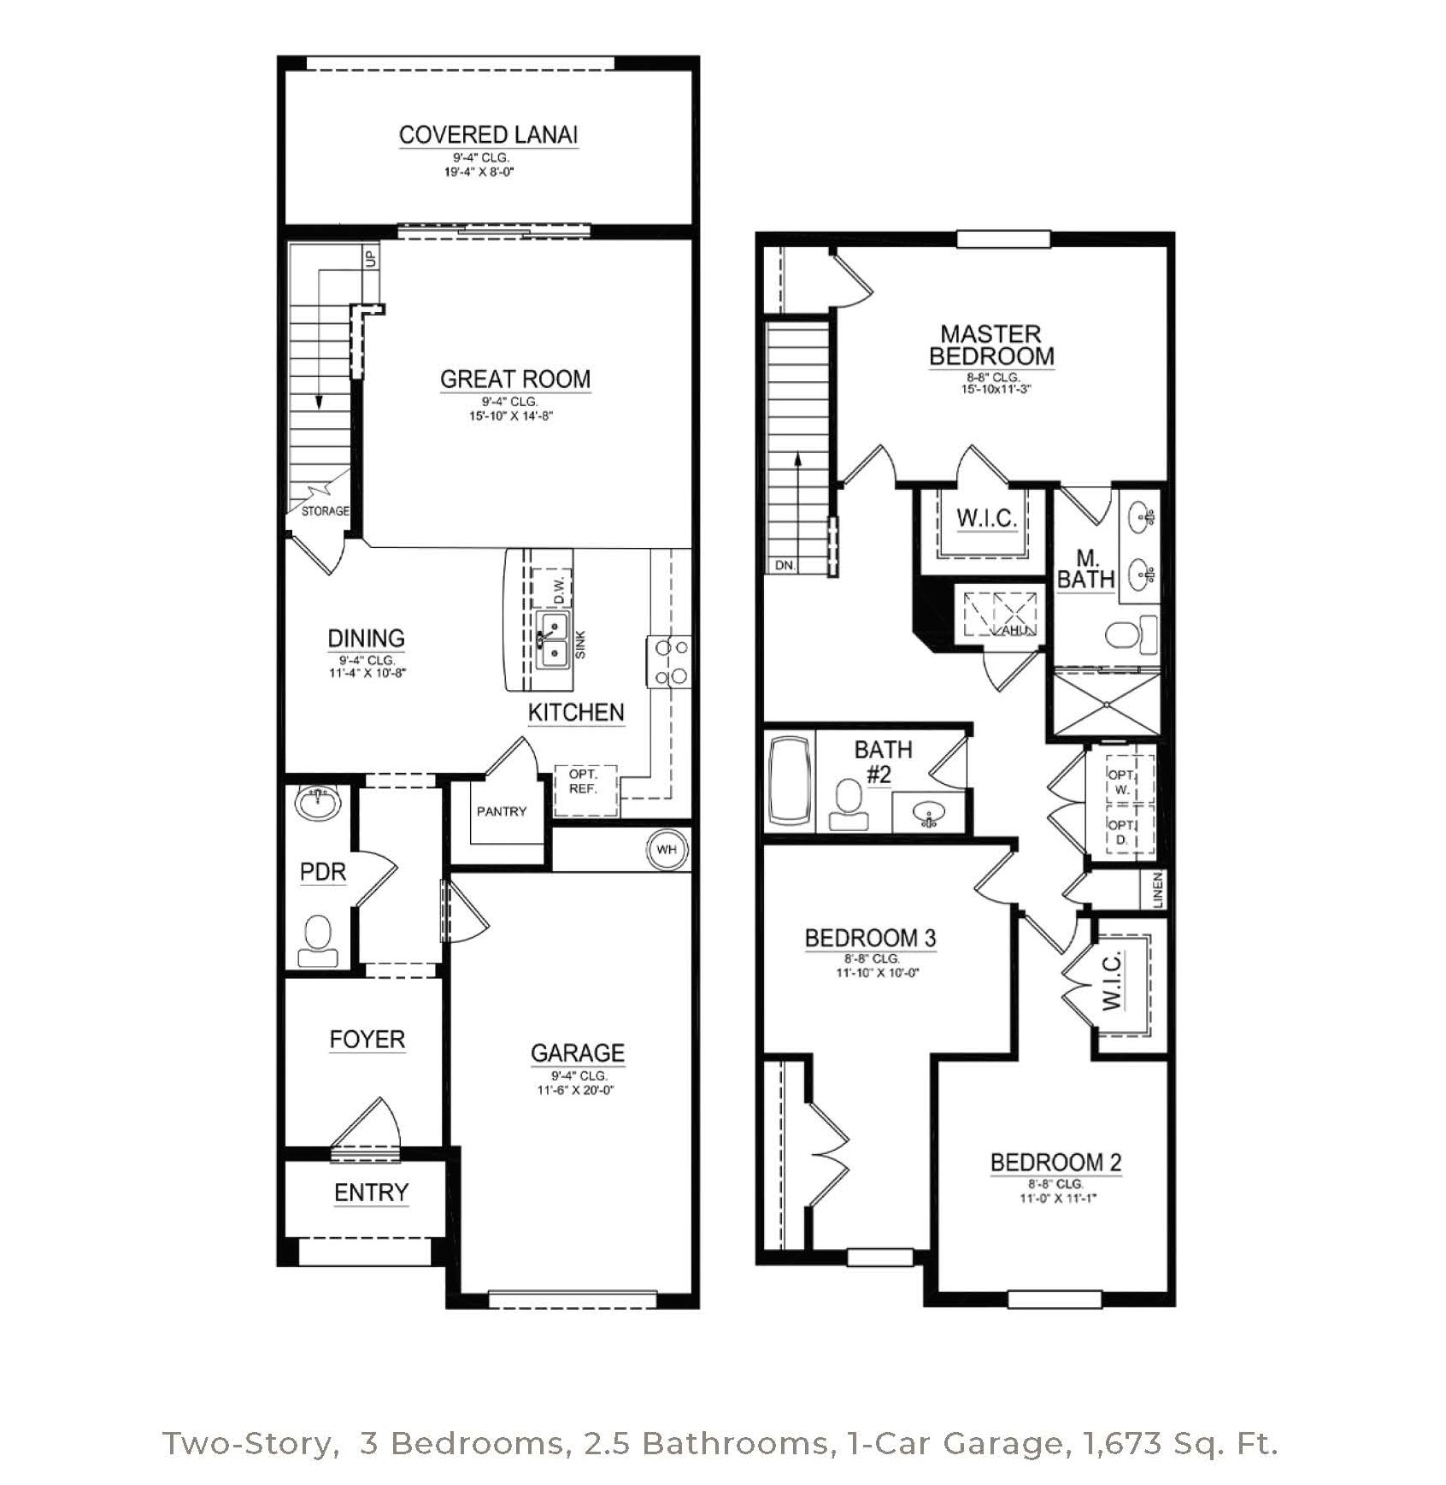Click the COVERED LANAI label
(x=488, y=135)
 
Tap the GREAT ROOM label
(x=515, y=379)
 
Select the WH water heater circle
(x=667, y=849)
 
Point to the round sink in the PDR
(x=318, y=803)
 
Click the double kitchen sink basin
(x=553, y=640)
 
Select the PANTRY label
(x=502, y=811)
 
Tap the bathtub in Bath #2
(x=791, y=781)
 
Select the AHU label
(x=1014, y=630)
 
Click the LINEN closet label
(x=1158, y=890)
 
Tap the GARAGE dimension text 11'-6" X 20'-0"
(x=576, y=1090)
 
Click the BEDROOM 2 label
(x=1055, y=1163)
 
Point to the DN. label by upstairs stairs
(x=785, y=565)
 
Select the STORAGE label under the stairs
(x=326, y=511)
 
